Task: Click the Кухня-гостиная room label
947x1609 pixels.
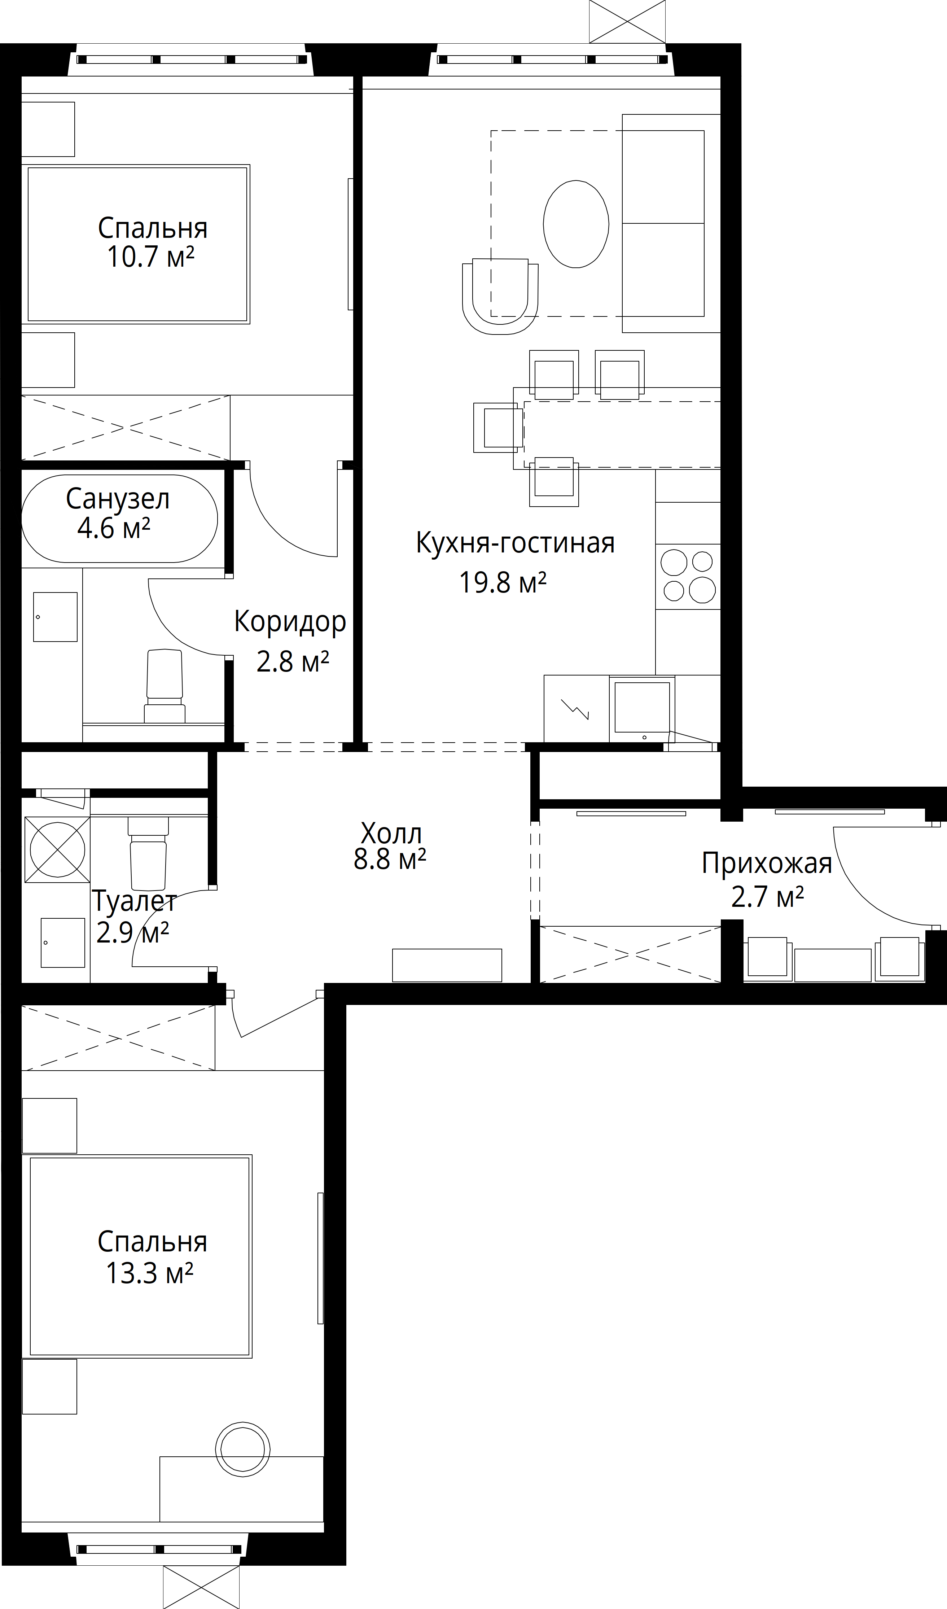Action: [x=515, y=543]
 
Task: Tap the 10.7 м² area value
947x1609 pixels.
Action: [x=150, y=257]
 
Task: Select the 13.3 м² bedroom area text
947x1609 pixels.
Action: [x=149, y=1273]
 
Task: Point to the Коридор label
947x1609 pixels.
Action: [x=290, y=622]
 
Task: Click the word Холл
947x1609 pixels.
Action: [x=391, y=833]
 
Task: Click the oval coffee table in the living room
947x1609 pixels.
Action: [x=576, y=224]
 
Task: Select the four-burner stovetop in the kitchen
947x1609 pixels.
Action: [x=688, y=577]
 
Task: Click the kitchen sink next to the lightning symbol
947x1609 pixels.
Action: [x=642, y=709]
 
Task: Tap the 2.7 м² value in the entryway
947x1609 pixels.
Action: [x=767, y=897]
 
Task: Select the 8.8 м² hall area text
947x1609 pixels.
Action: [x=390, y=860]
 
